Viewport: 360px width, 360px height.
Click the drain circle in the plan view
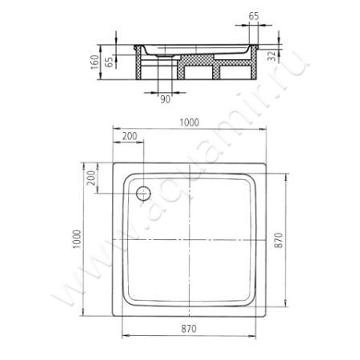pos(143,193)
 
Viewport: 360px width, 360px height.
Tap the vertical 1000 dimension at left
pos(77,239)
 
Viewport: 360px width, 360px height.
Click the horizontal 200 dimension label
pos(130,136)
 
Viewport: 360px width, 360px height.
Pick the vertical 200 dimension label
pos(91,178)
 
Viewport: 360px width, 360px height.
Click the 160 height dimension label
pos(94,62)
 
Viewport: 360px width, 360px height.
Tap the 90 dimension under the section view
pos(165,99)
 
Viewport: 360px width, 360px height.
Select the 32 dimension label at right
pos(272,56)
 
